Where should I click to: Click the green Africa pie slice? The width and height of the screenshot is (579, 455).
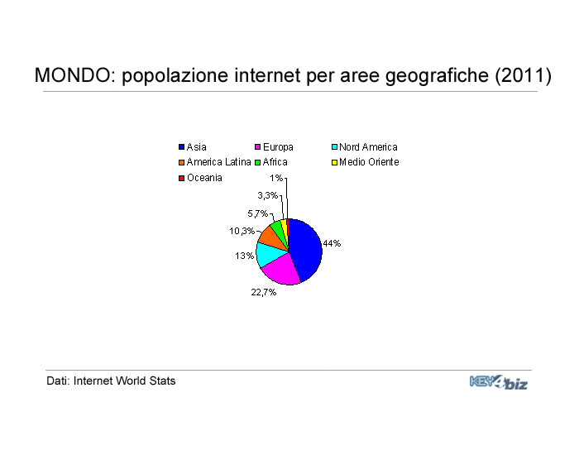[x=279, y=229]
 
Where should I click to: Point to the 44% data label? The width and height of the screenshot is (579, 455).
[x=332, y=243]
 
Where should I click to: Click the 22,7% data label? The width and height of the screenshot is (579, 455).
[x=264, y=292]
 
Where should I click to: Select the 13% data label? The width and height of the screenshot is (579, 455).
[x=245, y=256]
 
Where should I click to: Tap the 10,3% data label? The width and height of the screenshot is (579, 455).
[x=242, y=231]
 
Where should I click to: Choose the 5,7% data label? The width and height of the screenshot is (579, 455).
[x=257, y=213]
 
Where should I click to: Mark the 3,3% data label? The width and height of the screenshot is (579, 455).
[x=268, y=195]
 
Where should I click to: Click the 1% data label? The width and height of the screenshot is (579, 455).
[x=276, y=178]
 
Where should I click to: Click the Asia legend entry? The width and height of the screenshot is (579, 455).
[x=193, y=147]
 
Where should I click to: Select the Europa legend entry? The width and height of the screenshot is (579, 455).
[x=274, y=147]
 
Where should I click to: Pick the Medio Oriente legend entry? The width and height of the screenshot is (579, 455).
[x=366, y=162]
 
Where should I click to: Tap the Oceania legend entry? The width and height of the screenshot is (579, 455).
[x=200, y=178]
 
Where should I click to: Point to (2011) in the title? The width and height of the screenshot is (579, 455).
[x=524, y=75]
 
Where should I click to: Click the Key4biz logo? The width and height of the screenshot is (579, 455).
[x=499, y=382]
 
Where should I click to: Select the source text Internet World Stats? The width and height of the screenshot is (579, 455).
[x=124, y=381]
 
